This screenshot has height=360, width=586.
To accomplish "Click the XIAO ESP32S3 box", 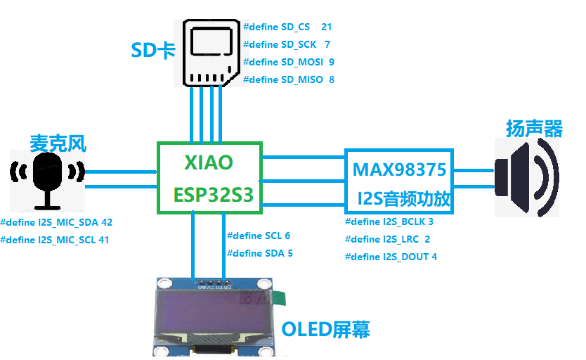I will coord(209,178).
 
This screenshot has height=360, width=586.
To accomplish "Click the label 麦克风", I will coord(58,143).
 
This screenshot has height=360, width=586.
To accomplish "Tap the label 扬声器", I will coord(534,129).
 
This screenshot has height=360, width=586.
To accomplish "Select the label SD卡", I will coord(152,51).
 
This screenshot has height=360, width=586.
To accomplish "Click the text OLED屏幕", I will coord(325,329).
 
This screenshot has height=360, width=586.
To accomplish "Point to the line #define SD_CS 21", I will coord(287,27).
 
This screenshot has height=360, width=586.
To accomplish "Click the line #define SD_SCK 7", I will coord(287,45).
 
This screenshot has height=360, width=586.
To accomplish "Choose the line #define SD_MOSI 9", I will coord(288,62).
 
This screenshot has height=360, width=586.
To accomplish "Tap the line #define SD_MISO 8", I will coord(288,79).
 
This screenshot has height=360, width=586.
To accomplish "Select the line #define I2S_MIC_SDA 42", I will coord(56,222).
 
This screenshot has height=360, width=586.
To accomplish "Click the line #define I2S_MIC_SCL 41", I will coord(55,240).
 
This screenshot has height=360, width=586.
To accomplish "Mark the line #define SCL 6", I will coord(258,236).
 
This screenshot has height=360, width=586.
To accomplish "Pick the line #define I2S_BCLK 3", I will coord(389,221).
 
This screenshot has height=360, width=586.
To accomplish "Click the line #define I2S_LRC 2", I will coord(387,239).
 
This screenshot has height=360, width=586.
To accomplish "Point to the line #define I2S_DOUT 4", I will coord(391,257).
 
